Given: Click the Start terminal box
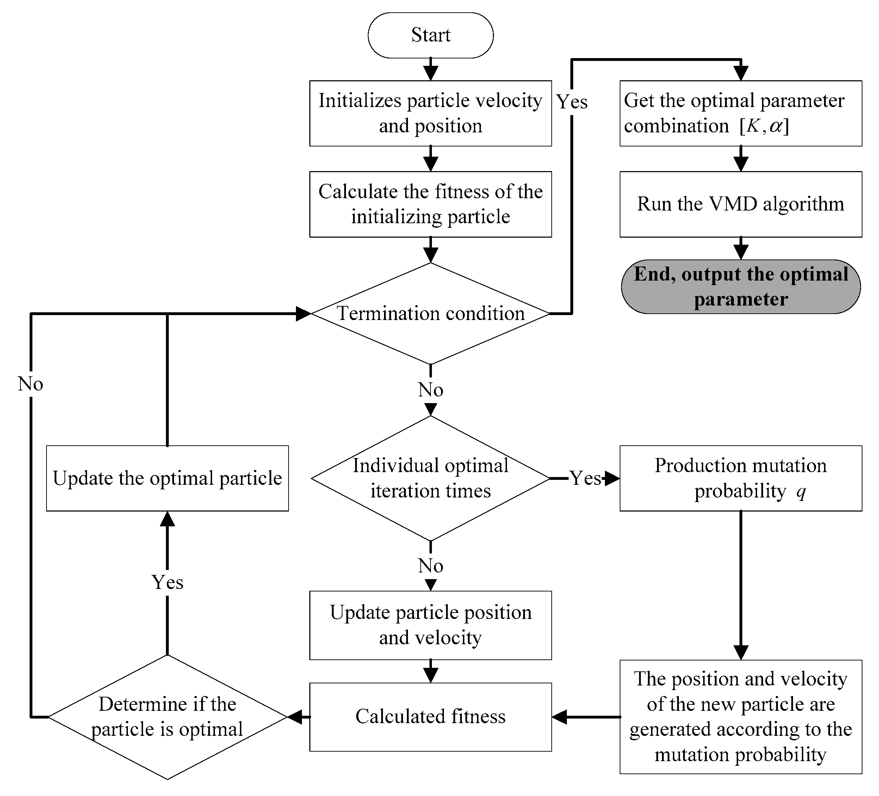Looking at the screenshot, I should coord(431,35).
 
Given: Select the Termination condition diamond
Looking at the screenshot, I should coord(431,313).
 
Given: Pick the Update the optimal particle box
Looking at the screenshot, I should coord(167,478).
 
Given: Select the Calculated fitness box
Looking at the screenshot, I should coord(431,716).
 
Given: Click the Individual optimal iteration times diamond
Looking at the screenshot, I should coord(431,478).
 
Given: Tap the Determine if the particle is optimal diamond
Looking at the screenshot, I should coord(167,717).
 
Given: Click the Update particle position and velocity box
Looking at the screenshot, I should coord(431,625).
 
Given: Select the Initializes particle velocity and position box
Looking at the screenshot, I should coord(431,113).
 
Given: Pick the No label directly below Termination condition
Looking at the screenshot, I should coord(431,389).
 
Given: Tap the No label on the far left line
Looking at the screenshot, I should coord(31,384).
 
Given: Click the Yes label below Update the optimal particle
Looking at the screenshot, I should coord(167,582).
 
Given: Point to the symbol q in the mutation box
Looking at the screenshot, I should coord(801,491).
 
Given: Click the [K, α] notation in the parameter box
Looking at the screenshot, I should coord(764,126).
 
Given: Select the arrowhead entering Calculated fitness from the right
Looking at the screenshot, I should coord(559,717).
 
